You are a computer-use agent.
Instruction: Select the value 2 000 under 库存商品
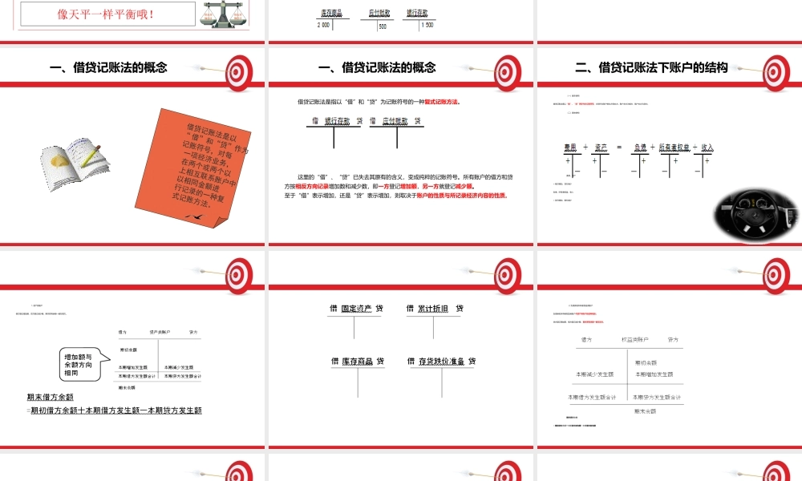(323, 26)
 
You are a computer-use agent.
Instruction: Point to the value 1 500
(427, 26)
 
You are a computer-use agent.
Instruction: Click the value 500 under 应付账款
(383, 26)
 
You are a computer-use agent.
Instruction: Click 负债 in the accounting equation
(639, 148)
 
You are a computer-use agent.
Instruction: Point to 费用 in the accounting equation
(571, 148)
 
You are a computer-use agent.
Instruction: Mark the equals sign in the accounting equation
(619, 148)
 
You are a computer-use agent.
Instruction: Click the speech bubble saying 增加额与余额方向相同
(81, 365)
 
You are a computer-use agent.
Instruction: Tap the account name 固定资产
(357, 309)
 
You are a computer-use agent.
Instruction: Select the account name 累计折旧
(434, 309)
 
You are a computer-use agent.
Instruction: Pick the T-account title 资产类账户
(158, 331)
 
